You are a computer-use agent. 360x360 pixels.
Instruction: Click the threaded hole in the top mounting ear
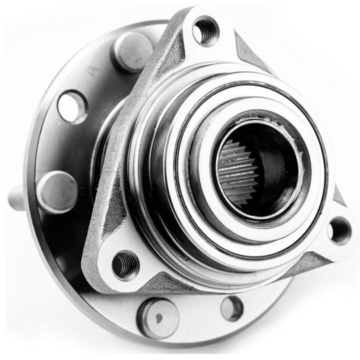(206, 30)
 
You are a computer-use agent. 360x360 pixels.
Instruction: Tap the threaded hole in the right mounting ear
(339, 230)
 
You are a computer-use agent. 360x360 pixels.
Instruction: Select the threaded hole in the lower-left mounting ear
(125, 265)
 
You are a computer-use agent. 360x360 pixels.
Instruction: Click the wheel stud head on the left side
(56, 191)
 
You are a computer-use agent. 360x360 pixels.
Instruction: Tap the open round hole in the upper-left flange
(72, 106)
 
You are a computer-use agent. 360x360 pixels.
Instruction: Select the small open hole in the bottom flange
(231, 307)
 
